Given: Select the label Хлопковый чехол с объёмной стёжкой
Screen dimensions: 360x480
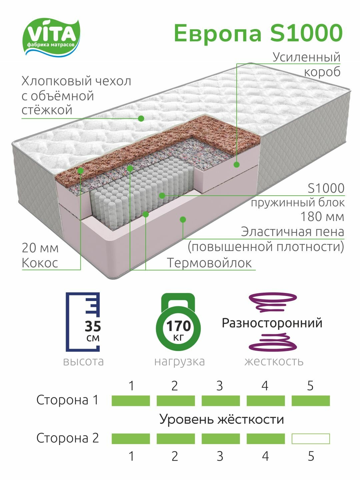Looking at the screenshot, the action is pos(76,95).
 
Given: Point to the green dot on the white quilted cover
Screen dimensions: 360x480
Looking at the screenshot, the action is pos(141,118).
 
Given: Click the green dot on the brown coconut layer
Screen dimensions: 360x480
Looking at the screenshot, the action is pos(80,171).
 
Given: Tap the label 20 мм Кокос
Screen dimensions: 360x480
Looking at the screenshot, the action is pos(40,255).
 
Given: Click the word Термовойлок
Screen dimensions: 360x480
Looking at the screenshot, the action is pos(209,263).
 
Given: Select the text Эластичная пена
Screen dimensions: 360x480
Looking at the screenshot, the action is pos(292,232).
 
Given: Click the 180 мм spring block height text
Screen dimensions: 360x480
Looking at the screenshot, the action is pos(322,217).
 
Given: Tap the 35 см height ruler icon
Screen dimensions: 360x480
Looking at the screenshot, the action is pos(83,322).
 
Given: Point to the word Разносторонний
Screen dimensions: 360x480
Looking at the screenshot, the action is pos(272,323).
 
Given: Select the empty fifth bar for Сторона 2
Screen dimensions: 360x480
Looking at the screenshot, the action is pos(311,439).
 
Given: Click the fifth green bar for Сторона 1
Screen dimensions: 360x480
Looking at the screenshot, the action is pos(311,401).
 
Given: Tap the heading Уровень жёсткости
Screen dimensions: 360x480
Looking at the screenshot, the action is pos(222,419).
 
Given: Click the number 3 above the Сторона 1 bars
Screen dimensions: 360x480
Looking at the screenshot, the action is pos(219,386).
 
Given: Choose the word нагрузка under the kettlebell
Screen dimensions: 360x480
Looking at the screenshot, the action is pos(179,361).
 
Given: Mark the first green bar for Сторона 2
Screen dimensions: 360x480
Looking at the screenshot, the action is pos(131,439).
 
